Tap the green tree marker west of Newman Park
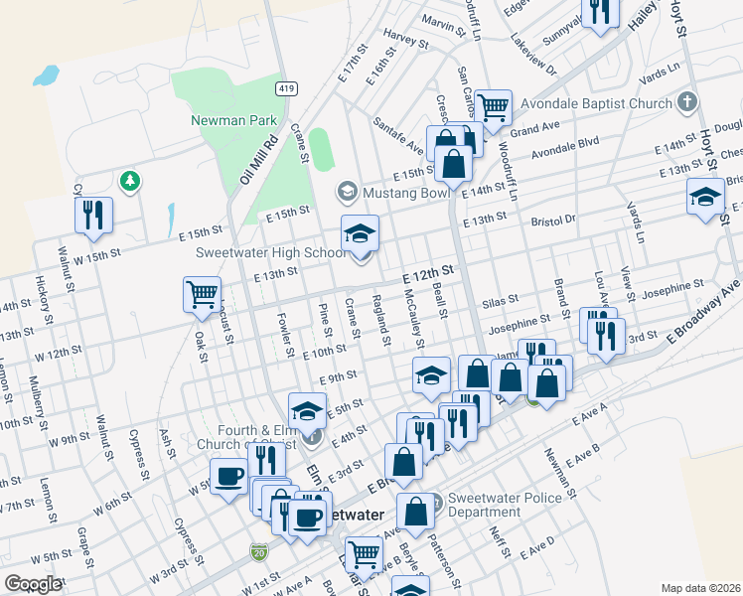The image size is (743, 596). click(x=128, y=181)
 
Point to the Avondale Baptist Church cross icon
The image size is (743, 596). click(x=686, y=102)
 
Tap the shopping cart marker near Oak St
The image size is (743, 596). click(x=201, y=294)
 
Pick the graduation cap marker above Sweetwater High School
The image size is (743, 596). click(x=360, y=233)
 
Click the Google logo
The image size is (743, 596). click(x=33, y=584)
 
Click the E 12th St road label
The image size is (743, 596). click(x=428, y=271)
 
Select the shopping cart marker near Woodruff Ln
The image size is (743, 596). click(x=493, y=105)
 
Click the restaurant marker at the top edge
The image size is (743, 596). click(x=600, y=11)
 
